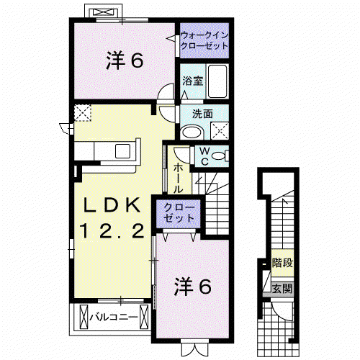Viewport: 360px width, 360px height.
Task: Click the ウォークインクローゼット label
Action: (x=204, y=40)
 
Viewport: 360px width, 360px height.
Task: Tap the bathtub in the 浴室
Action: (x=217, y=81)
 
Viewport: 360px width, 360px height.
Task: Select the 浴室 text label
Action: (x=193, y=81)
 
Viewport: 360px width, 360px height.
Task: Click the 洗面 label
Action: (x=202, y=114)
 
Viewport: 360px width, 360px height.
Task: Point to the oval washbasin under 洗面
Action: (x=192, y=132)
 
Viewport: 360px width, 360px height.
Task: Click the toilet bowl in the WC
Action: (x=218, y=156)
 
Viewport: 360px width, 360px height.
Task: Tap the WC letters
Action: (x=204, y=156)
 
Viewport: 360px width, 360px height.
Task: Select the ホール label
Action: (x=178, y=179)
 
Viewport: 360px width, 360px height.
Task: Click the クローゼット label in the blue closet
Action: (x=179, y=212)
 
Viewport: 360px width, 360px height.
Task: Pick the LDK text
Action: (x=112, y=205)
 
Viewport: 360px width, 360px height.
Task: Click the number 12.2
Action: (x=112, y=230)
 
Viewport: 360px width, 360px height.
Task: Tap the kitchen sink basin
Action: (x=122, y=151)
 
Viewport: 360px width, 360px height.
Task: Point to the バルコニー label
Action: (x=114, y=318)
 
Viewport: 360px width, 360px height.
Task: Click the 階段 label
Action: (x=282, y=263)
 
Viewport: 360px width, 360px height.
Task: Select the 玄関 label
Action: (x=282, y=288)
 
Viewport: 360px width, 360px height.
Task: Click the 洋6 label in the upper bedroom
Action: (x=125, y=60)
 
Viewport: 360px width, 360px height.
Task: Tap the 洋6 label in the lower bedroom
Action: (x=193, y=287)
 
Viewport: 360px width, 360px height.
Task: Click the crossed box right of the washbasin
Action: (x=220, y=131)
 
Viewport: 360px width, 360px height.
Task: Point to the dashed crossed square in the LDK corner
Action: (x=83, y=113)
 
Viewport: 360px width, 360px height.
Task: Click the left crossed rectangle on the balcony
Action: (x=84, y=317)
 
